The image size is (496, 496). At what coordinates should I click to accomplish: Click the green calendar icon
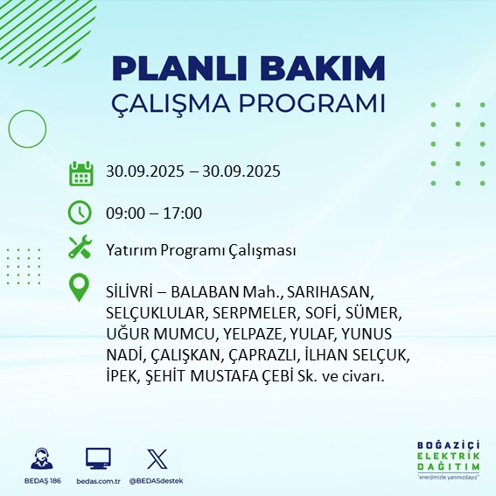[x=80, y=173]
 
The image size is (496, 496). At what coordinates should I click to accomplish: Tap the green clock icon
[x=80, y=212]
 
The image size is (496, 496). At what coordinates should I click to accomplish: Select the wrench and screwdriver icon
[x=80, y=248]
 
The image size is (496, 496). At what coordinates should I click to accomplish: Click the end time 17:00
[x=184, y=213]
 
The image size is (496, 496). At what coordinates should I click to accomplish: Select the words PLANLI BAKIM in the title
[x=248, y=68]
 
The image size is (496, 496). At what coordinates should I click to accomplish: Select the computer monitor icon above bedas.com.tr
[x=98, y=459]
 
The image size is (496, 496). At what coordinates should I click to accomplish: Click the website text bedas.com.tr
[x=99, y=481]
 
